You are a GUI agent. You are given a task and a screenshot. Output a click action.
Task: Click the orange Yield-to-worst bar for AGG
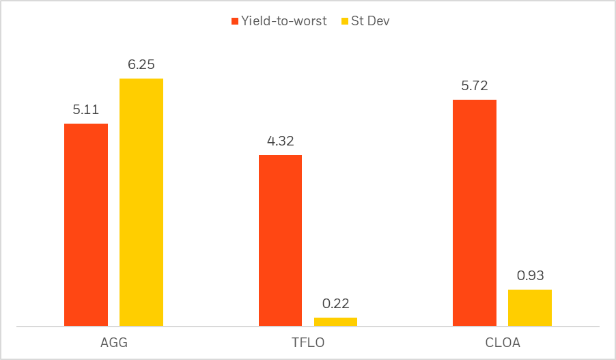pyautogui.click(x=86, y=225)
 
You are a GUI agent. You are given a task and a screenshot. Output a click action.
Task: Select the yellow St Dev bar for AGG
pyautogui.click(x=141, y=202)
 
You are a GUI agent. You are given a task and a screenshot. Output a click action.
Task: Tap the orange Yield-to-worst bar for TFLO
pyautogui.click(x=280, y=240)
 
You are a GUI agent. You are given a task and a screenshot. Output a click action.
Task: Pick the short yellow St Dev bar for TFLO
pyautogui.click(x=335, y=322)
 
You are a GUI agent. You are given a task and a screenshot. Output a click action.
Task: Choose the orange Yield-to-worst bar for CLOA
pyautogui.click(x=475, y=213)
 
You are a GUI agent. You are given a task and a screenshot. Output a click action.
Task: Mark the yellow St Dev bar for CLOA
pyautogui.click(x=530, y=307)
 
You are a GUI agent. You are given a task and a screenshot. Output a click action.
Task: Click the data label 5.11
pyautogui.click(x=86, y=110)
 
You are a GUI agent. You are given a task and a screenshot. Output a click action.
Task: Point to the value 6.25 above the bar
pyautogui.click(x=141, y=65)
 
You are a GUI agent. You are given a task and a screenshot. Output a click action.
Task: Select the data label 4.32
pyautogui.click(x=280, y=141)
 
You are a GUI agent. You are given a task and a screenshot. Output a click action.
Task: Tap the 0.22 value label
pyautogui.click(x=335, y=304)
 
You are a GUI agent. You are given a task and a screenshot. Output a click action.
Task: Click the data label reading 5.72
pyautogui.click(x=475, y=86)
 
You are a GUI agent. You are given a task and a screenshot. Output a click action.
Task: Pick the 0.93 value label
pyautogui.click(x=530, y=276)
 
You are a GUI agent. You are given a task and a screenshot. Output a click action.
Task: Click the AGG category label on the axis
pyautogui.click(x=113, y=343)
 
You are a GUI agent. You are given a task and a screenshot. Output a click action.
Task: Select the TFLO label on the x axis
pyautogui.click(x=307, y=343)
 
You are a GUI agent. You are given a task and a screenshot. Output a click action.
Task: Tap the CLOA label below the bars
pyautogui.click(x=502, y=343)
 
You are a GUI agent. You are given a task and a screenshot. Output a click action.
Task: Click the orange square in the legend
pyautogui.click(x=235, y=21)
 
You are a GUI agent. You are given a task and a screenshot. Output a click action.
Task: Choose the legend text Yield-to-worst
pyautogui.click(x=283, y=21)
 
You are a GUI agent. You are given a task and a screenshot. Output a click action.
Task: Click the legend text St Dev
pyautogui.click(x=369, y=21)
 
